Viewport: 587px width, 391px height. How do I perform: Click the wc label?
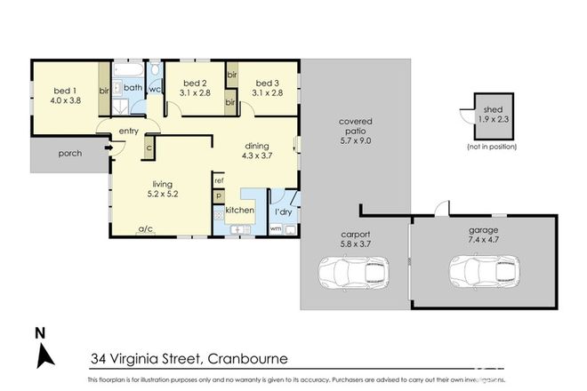coord(154,89)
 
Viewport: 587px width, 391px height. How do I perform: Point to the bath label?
coord(133,87)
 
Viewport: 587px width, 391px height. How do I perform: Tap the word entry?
coord(128,133)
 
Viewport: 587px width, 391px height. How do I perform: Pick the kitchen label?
coord(240,211)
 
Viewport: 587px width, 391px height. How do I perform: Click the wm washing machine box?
coord(275,229)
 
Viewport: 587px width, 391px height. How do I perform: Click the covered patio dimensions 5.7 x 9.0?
coord(356,140)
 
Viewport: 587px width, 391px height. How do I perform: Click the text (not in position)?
coord(491,145)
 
